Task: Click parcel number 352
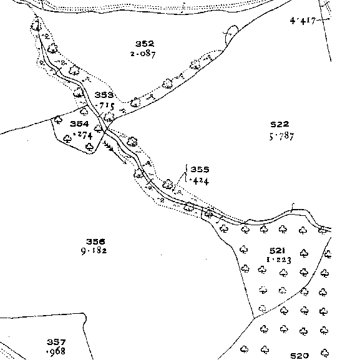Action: pyautogui.click(x=145, y=44)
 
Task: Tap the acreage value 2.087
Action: pyautogui.click(x=143, y=54)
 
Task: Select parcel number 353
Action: pyautogui.click(x=104, y=95)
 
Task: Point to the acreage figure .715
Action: pyautogui.click(x=105, y=106)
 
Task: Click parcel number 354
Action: pyautogui.click(x=79, y=124)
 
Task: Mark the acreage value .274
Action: pyautogui.click(x=82, y=135)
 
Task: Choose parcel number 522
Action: pyautogui.click(x=280, y=124)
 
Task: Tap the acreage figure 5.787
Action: pyautogui.click(x=281, y=136)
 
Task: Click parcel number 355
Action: pyautogui.click(x=200, y=170)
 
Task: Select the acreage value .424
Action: pyautogui.click(x=199, y=182)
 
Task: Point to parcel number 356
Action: pyautogui.click(x=95, y=241)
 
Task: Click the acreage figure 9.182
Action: pyautogui.click(x=94, y=251)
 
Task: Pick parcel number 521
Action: pyautogui.click(x=277, y=250)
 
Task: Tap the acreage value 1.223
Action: pyautogui.click(x=279, y=260)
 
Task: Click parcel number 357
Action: pyautogui.click(x=56, y=342)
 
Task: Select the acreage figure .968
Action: pyautogui.click(x=56, y=351)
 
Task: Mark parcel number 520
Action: pyautogui.click(x=299, y=356)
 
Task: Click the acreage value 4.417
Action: pyautogui.click(x=303, y=21)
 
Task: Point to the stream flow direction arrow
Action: pyautogui.click(x=115, y=152)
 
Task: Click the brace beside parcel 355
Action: pyautogui.click(x=186, y=173)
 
